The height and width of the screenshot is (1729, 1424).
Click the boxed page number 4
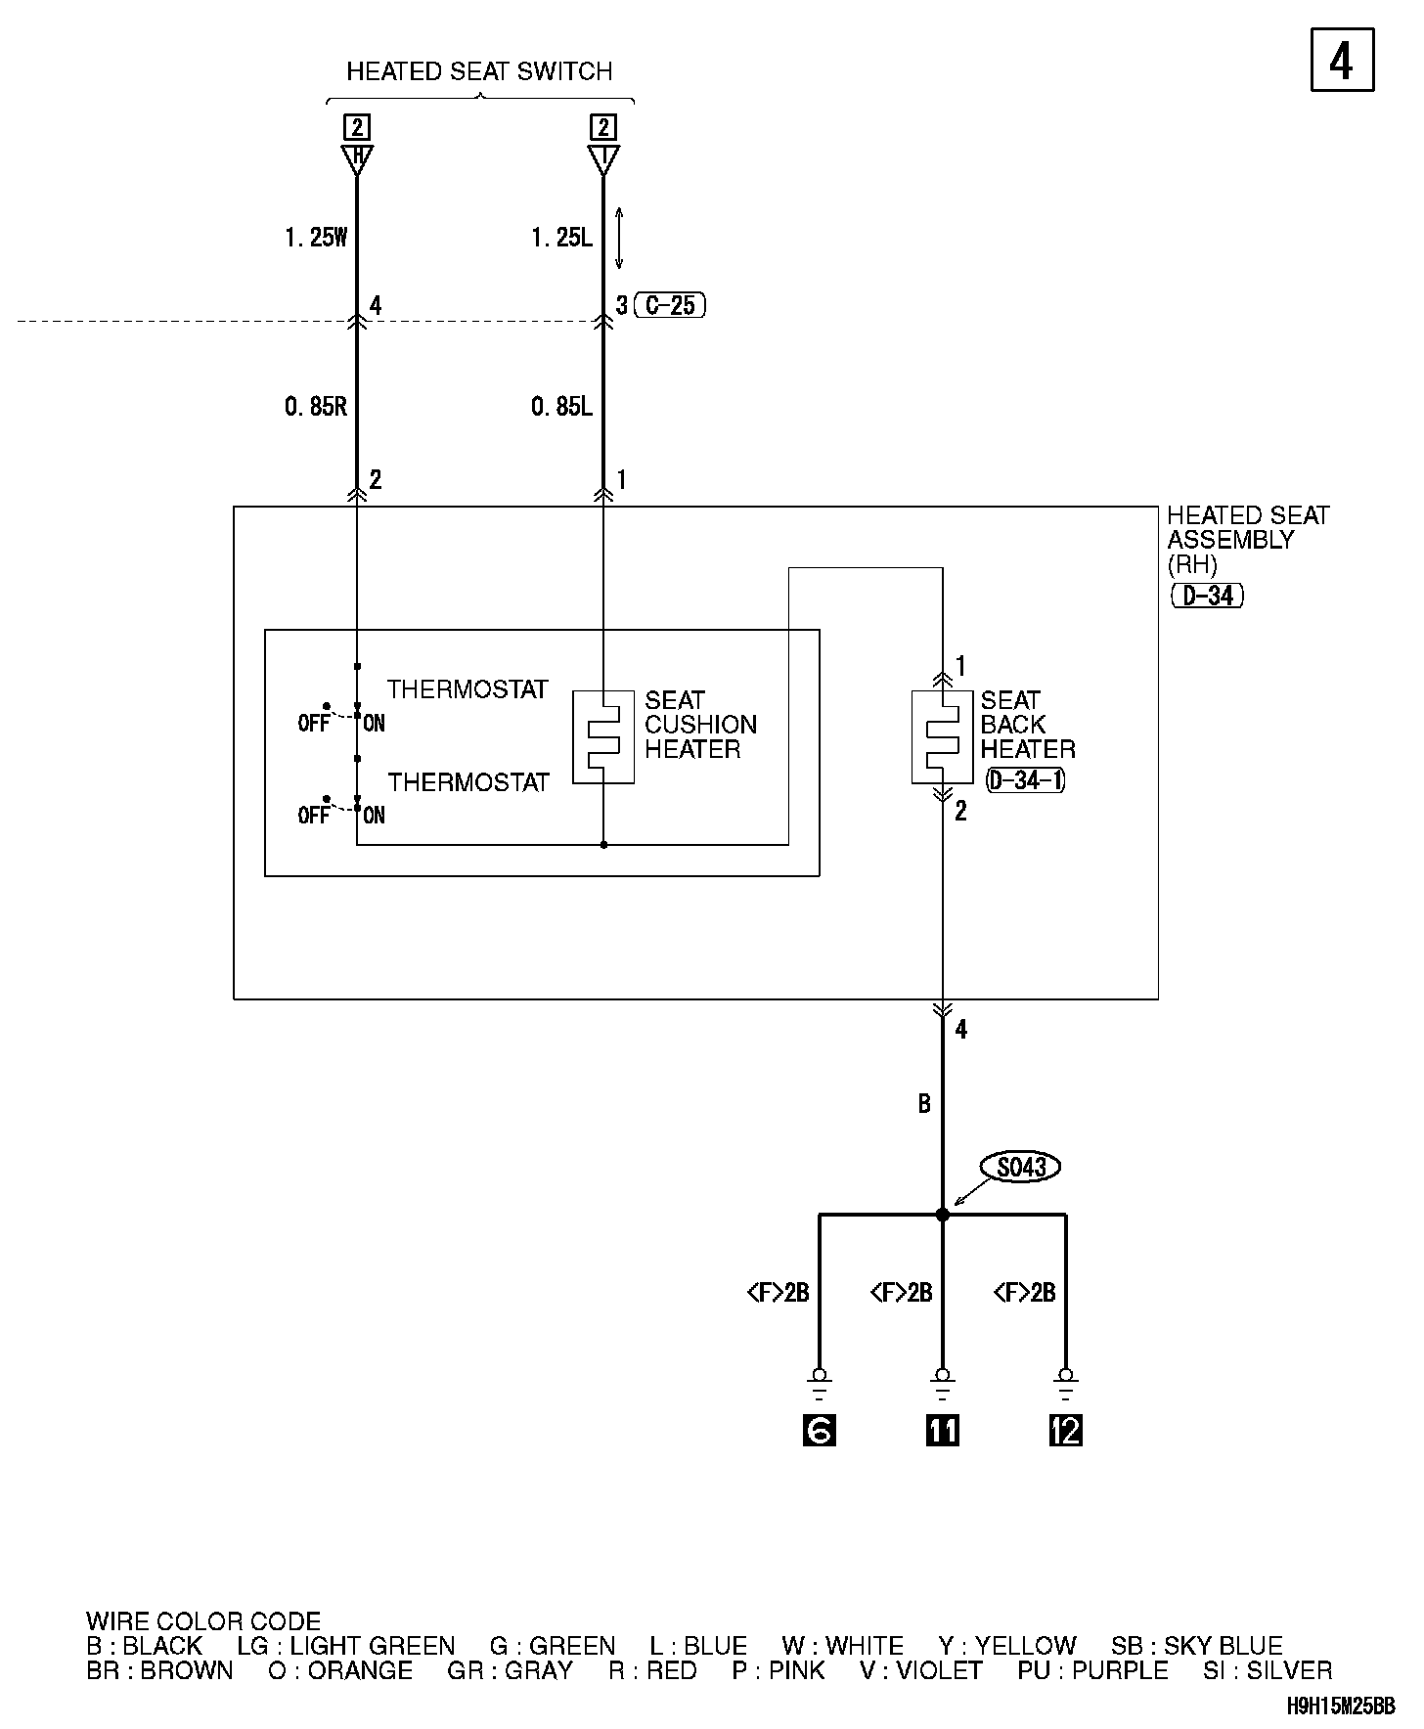point(1342,61)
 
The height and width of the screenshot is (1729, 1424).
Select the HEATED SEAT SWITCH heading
point(479,71)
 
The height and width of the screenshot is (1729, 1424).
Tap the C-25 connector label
point(671,306)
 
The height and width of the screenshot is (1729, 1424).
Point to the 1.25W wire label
point(316,238)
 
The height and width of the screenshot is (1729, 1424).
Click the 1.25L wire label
point(562,238)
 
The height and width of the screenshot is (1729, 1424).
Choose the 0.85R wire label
point(316,407)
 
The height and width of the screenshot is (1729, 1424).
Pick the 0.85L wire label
point(562,407)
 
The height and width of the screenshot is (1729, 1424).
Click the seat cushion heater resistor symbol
point(603,736)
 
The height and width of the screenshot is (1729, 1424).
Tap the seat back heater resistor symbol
point(942,736)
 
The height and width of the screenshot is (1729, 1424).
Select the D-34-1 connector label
point(1025,780)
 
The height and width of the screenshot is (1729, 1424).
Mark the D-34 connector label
point(1207,595)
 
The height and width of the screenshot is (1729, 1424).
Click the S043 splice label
point(1021,1167)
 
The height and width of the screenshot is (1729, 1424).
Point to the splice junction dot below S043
point(942,1215)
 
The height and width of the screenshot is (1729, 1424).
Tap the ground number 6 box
point(819,1431)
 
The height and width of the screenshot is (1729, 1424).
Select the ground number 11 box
point(942,1431)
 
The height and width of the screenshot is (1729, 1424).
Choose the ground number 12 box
point(1065,1431)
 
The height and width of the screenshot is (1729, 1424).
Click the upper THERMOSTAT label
point(467,689)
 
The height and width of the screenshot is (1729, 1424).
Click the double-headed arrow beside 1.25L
point(618,238)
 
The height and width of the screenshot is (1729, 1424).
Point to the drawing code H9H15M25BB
point(1341,1707)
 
